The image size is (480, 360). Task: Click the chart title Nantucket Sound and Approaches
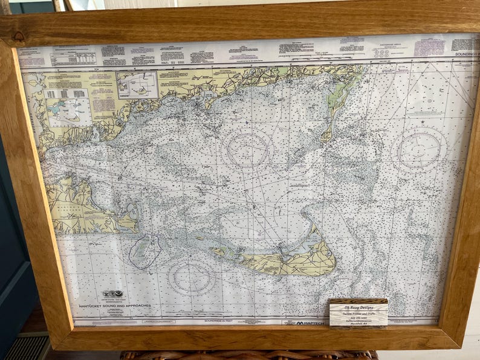(114, 306)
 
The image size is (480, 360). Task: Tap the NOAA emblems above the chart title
(112, 294)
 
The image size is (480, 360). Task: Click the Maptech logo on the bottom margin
(313, 323)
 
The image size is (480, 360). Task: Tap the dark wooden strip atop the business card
(358, 300)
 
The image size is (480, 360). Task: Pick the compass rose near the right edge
(420, 150)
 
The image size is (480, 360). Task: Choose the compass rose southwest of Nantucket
(192, 278)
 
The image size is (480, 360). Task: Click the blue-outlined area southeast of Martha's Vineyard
(144, 251)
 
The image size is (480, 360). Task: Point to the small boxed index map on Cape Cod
(137, 85)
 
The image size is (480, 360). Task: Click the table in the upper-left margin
(73, 59)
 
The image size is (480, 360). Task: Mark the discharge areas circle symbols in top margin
(381, 53)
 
